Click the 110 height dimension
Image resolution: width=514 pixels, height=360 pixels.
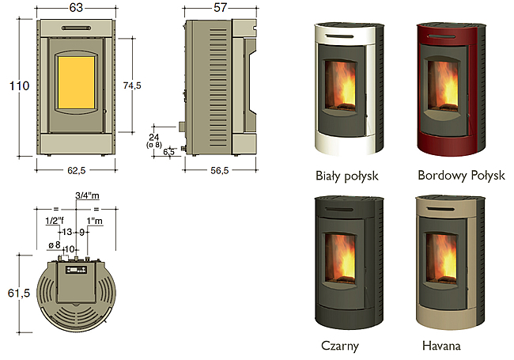coord(19,86)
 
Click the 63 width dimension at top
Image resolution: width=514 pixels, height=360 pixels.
coord(76,8)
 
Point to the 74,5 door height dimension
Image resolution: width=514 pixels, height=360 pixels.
coord(132,85)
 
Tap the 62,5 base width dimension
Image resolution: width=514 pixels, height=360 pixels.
coord(77,170)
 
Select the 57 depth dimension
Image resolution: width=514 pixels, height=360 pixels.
coord(220,8)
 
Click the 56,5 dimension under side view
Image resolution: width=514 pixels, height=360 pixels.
coord(220,170)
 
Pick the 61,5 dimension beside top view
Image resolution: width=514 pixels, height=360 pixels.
coord(19,293)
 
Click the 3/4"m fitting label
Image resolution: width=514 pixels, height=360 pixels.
coord(87,195)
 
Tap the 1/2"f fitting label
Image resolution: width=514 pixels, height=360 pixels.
coord(55,221)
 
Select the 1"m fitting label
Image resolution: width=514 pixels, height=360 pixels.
coord(95,221)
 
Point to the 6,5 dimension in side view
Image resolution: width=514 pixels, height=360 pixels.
coord(168,152)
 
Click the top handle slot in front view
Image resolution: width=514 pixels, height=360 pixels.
coord(76,28)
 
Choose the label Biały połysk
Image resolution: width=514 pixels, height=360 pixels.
coord(347,176)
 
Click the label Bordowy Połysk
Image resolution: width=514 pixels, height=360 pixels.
coord(461,176)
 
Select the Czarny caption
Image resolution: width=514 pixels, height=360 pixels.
coord(340,346)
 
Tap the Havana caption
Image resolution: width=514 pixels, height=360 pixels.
coord(441,346)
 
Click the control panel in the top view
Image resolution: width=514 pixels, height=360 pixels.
coord(76,270)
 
